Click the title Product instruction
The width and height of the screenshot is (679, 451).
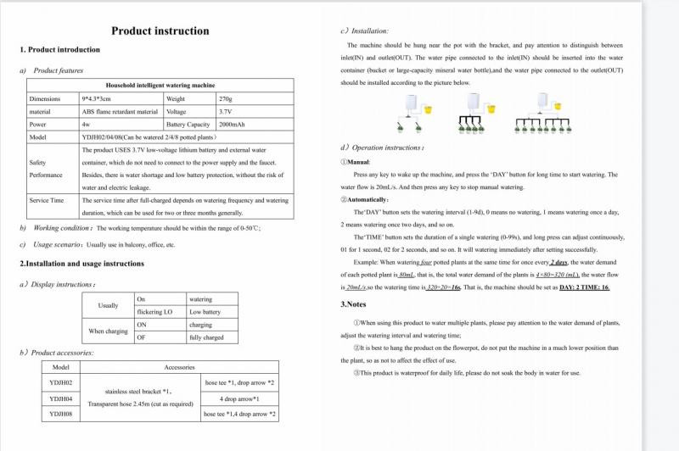click(160, 31)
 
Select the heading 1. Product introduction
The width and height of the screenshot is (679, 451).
click(59, 50)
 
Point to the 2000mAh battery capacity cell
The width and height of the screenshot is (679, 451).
click(232, 124)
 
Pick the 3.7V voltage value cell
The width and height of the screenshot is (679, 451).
click(225, 111)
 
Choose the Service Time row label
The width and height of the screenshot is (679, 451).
click(46, 200)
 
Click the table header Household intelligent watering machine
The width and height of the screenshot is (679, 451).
click(160, 86)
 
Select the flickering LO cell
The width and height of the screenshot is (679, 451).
click(154, 312)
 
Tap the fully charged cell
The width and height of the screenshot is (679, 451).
click(206, 337)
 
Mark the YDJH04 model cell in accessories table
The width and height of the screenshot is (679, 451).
click(60, 398)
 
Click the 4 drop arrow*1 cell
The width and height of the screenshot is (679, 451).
click(239, 398)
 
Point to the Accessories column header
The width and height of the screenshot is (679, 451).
click(179, 367)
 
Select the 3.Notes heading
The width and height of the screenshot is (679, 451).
click(354, 303)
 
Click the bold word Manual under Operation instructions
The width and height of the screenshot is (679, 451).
click(358, 161)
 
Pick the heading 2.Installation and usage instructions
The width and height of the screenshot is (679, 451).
click(81, 264)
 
